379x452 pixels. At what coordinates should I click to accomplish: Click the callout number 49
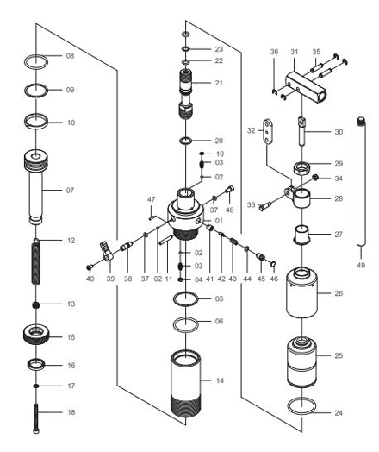(x=361, y=265)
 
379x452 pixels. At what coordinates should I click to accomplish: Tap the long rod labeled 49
(x=361, y=182)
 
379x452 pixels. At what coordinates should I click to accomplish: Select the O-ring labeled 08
(x=35, y=62)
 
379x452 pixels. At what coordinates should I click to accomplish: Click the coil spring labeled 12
(x=35, y=261)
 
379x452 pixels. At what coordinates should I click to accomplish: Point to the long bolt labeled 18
(x=36, y=418)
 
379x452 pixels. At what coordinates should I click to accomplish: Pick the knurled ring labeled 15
(x=36, y=335)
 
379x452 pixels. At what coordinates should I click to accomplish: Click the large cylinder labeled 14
(x=185, y=383)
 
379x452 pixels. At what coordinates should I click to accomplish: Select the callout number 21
(x=219, y=83)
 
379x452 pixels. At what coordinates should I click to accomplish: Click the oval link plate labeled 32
(x=268, y=131)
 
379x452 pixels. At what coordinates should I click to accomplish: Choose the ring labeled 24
(x=301, y=405)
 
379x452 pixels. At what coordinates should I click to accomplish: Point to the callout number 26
(x=339, y=293)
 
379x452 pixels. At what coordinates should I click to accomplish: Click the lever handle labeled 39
(x=106, y=252)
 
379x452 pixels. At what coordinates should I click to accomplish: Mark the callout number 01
(x=219, y=221)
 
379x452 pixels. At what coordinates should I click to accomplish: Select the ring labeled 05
(x=186, y=299)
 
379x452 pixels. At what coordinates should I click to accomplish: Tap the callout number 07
(x=70, y=191)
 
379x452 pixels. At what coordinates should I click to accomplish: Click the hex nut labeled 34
(x=315, y=178)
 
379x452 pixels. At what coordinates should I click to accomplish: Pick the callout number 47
(x=151, y=199)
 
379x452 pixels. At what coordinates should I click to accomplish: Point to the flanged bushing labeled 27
(x=301, y=235)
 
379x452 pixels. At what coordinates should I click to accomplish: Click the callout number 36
(x=274, y=52)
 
